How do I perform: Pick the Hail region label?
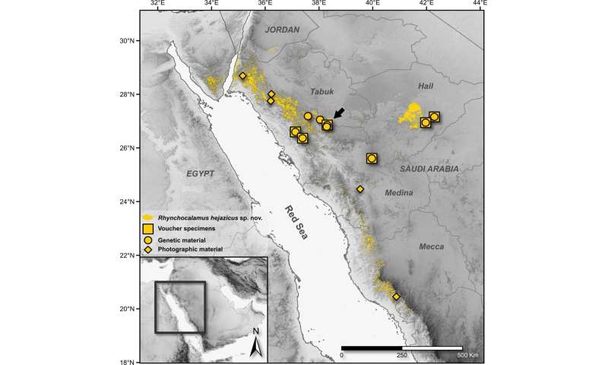[425, 86]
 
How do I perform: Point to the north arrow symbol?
[256, 342]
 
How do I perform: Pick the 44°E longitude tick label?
[480, 5]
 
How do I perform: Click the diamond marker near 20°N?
[396, 297]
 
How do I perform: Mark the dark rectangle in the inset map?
[179, 307]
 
